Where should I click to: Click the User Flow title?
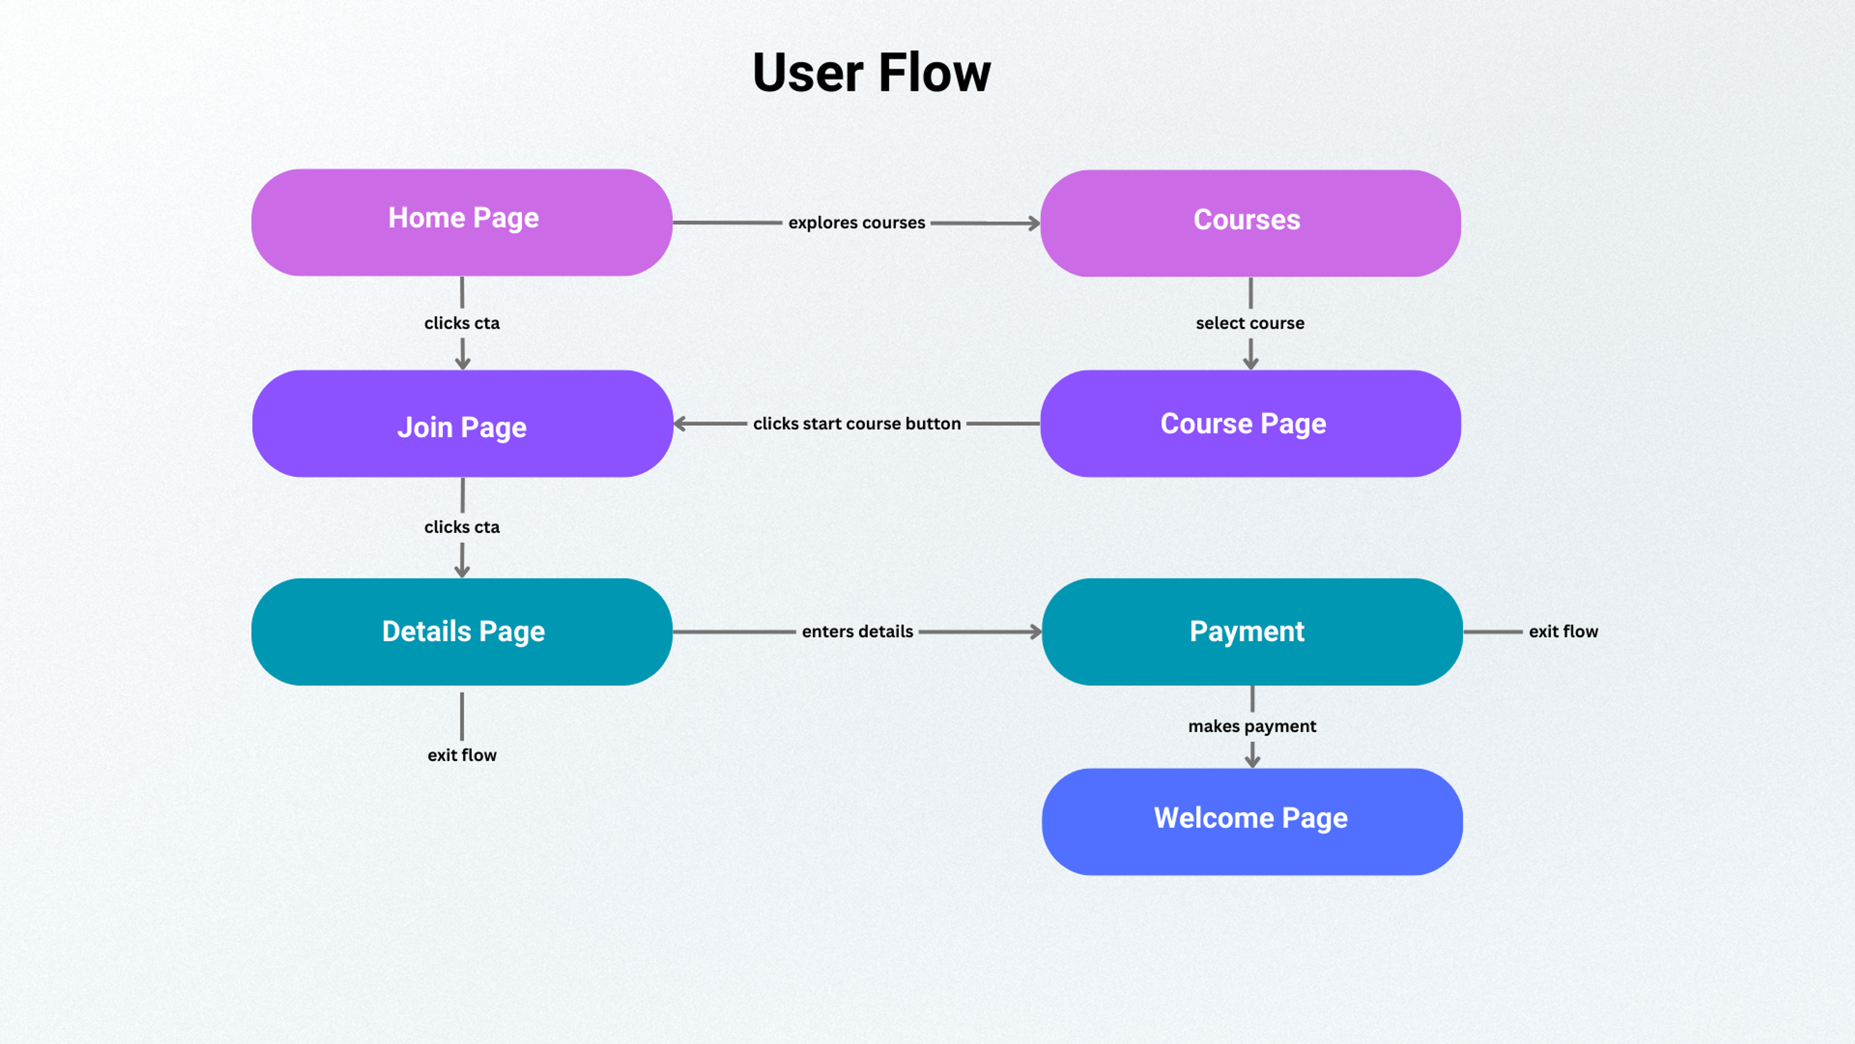(x=871, y=73)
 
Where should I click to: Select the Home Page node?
(x=462, y=222)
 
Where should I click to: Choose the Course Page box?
(x=1250, y=424)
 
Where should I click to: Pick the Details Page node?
(x=462, y=631)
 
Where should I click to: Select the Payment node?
(x=1252, y=631)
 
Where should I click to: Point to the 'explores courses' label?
(x=856, y=223)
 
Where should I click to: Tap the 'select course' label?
(x=1250, y=323)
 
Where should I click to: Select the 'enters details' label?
(x=857, y=631)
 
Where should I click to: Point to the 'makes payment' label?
(x=1252, y=726)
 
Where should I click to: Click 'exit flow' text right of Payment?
(x=1563, y=631)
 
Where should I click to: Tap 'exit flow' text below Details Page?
(x=462, y=755)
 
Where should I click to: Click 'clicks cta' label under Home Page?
(x=462, y=323)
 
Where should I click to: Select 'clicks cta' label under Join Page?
(x=462, y=527)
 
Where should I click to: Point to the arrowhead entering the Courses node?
(x=1034, y=223)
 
